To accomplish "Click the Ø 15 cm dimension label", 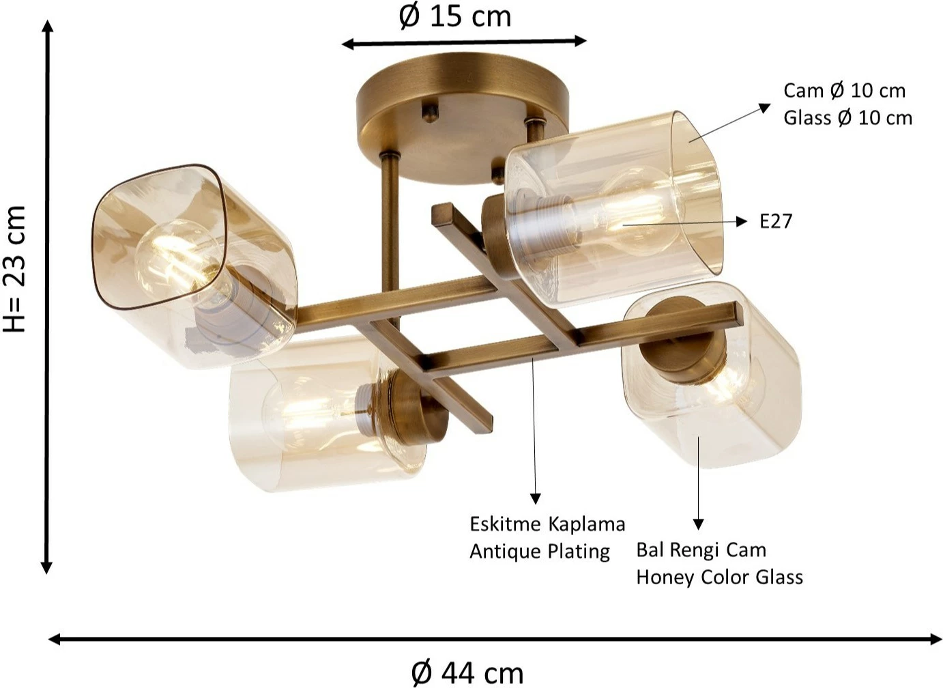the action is pos(454,17).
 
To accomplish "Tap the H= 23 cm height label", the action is pos(15,269).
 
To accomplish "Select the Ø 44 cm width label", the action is pos(467,673).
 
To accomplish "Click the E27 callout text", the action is pos(776,221).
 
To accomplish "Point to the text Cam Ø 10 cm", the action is pos(845,91).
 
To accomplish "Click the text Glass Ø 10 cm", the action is pos(848,118).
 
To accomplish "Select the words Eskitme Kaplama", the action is pos(547,525).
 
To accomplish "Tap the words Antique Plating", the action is pos(540,552).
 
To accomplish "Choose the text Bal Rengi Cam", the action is pos(701,550).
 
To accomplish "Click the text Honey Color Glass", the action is pos(719,577).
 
